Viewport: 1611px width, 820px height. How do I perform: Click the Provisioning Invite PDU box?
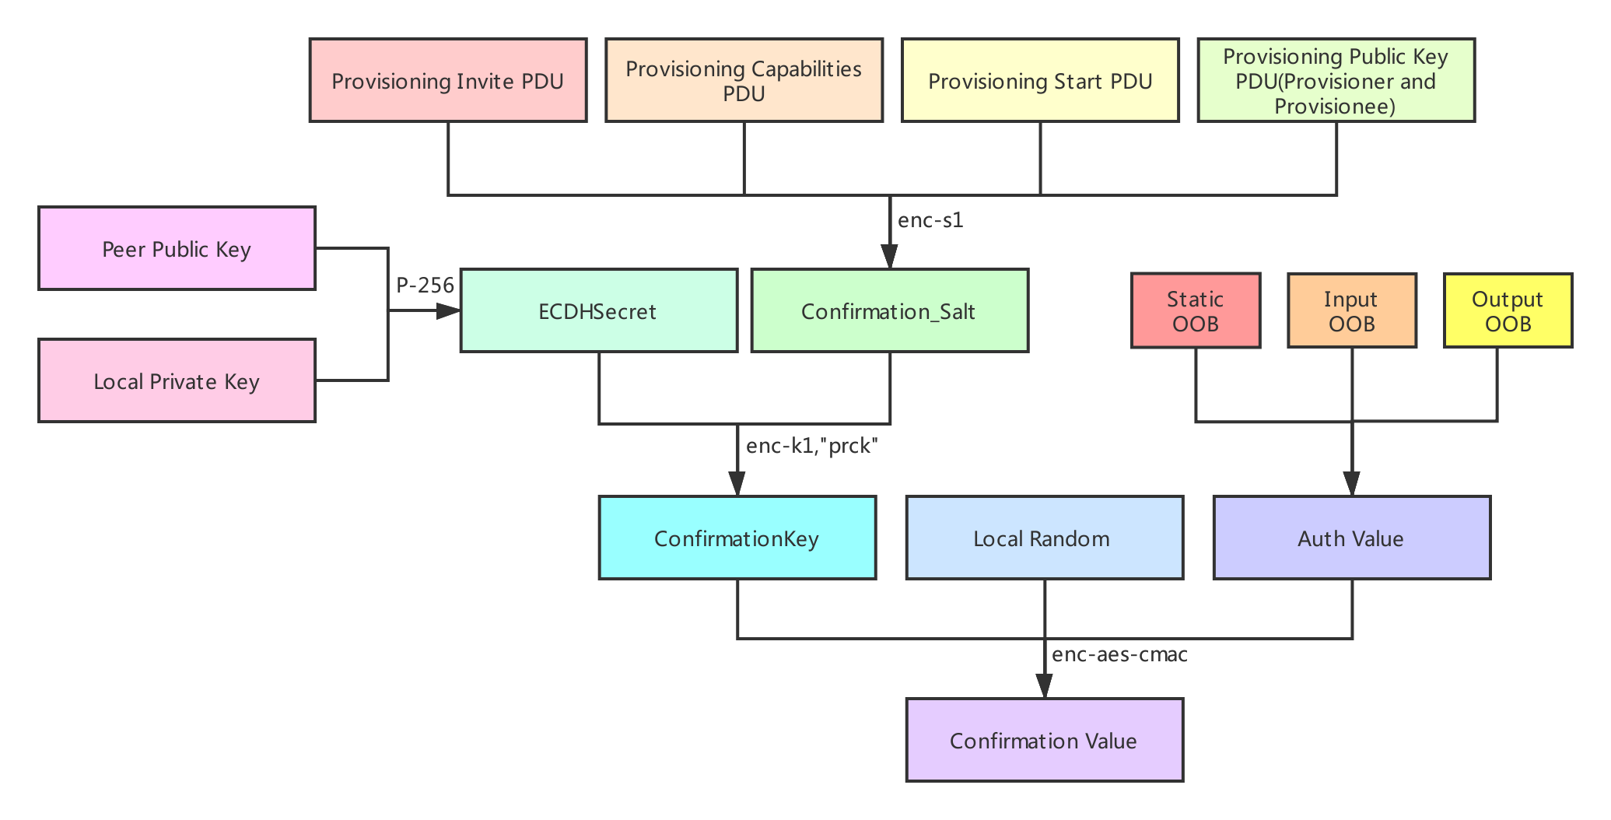pos(447,81)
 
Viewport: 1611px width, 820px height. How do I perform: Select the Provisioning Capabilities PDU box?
pos(744,81)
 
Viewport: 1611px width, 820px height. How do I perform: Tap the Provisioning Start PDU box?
pos(1040,81)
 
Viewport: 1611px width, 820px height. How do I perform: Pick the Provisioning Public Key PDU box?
pos(1336,81)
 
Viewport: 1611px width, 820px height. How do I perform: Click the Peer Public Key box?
pos(177,249)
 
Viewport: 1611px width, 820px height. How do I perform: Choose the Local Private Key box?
pos(177,381)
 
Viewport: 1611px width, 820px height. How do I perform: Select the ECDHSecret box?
pos(598,311)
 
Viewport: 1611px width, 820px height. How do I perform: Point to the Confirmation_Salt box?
pos(889,311)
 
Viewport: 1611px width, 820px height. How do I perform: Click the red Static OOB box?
pos(1196,310)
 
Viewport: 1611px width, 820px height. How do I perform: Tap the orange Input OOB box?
pos(1351,310)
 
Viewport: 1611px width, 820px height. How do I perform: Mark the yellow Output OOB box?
pos(1508,310)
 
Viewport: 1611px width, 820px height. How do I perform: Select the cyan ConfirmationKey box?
pos(737,538)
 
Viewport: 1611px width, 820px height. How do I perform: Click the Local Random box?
pos(1044,538)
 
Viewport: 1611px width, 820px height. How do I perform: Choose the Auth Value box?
pos(1351,538)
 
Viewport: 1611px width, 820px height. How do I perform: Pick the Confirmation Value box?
pos(1044,741)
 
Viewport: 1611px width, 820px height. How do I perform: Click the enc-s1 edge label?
pos(930,220)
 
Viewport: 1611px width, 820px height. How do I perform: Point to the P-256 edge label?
pos(425,286)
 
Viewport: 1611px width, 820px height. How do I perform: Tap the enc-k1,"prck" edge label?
pos(811,446)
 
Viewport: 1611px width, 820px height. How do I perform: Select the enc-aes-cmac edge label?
pos(1119,654)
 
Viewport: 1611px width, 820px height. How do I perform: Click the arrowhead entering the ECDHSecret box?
pos(449,311)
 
